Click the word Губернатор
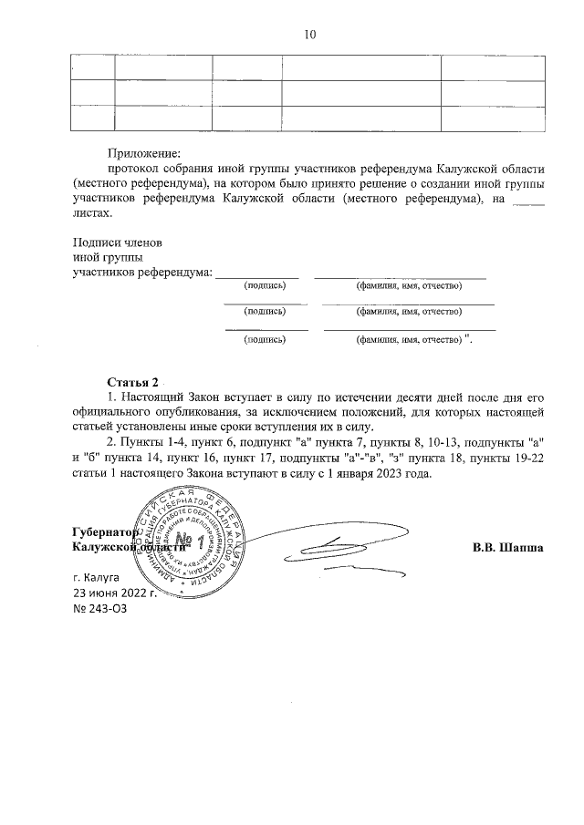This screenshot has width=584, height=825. (x=103, y=531)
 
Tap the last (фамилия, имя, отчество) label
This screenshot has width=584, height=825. (x=408, y=340)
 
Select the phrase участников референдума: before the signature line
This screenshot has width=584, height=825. (x=141, y=273)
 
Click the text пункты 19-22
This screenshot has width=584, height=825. (x=506, y=459)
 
